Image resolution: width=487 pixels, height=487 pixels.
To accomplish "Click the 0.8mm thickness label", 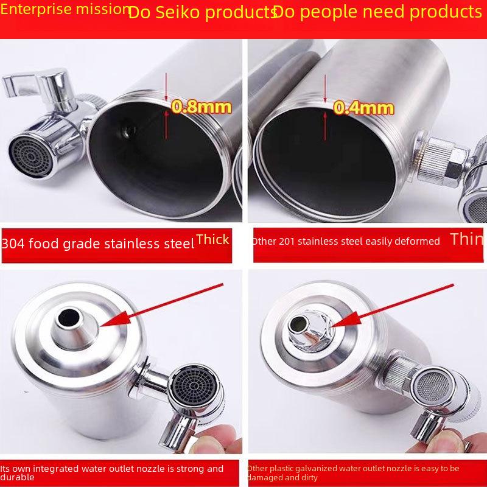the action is pyautogui.click(x=201, y=107).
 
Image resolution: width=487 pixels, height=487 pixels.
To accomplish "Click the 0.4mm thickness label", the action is pyautogui.click(x=363, y=108).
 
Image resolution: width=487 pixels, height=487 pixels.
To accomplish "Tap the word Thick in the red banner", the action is pyautogui.click(x=212, y=239).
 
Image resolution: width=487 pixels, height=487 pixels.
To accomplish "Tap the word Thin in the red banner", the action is pyautogui.click(x=467, y=239).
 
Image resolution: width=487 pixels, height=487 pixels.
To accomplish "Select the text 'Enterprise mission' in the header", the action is pyautogui.click(x=65, y=9).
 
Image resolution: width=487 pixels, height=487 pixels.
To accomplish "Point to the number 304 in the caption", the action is pyautogui.click(x=13, y=243).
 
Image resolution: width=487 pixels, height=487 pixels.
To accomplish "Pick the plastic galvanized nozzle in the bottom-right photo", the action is pyautogui.click(x=311, y=332).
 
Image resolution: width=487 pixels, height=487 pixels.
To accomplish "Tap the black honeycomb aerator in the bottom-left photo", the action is pyautogui.click(x=194, y=387).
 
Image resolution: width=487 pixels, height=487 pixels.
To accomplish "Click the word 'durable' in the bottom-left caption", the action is pyautogui.click(x=17, y=477).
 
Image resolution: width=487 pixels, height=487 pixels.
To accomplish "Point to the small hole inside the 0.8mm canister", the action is pyautogui.click(x=128, y=131).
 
